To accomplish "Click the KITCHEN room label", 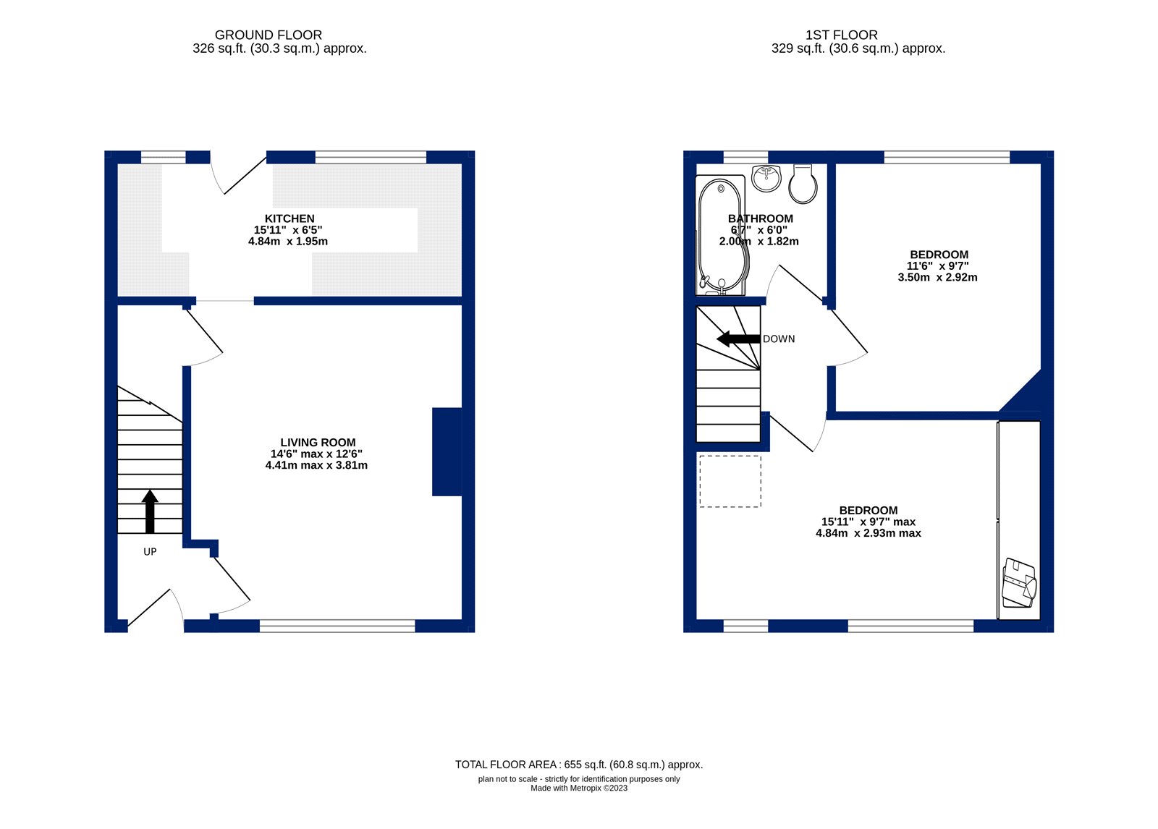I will (x=289, y=218).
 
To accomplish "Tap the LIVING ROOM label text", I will (x=318, y=443).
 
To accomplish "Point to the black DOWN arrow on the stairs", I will (x=738, y=339).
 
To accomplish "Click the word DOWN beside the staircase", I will (x=779, y=339).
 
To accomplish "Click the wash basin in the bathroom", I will (x=766, y=177).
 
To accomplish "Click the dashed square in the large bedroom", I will (x=730, y=481).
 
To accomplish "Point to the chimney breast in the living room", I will (x=447, y=451).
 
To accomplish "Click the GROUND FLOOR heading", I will (x=269, y=35).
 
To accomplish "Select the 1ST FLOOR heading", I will (x=841, y=35).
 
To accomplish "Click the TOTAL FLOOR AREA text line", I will (x=578, y=765).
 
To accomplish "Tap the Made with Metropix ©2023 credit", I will (x=578, y=788).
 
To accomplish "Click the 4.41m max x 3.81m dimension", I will (x=316, y=465).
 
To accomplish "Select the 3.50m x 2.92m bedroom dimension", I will (x=937, y=277).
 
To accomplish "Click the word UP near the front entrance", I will (x=150, y=551).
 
